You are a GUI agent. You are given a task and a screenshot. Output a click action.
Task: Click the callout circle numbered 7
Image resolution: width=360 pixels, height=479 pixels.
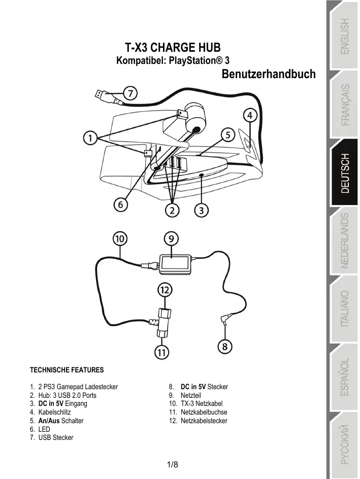coord(130,93)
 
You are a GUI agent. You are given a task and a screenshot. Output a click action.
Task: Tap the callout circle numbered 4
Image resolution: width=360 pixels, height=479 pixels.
coord(249,116)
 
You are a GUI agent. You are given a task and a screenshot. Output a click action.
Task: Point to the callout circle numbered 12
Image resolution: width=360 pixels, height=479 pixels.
coord(164,290)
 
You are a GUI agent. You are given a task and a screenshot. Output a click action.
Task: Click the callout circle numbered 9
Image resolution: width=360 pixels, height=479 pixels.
coord(171,237)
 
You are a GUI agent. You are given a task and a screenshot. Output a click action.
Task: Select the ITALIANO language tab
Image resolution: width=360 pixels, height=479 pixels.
coord(345,309)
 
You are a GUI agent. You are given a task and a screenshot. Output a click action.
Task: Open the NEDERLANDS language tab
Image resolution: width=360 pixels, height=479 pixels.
coord(345,241)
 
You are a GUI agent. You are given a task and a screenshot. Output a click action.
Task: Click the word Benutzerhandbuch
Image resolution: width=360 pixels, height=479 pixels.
coord(269,74)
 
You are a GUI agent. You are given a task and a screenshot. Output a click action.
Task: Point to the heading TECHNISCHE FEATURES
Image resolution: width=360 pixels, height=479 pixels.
coord(67,370)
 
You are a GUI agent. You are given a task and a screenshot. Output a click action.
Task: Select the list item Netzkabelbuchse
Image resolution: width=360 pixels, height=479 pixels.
coord(204,412)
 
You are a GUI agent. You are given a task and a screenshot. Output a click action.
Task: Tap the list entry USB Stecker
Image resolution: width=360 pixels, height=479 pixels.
coord(55,437)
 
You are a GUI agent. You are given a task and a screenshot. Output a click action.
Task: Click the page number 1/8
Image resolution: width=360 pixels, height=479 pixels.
coord(173,465)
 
